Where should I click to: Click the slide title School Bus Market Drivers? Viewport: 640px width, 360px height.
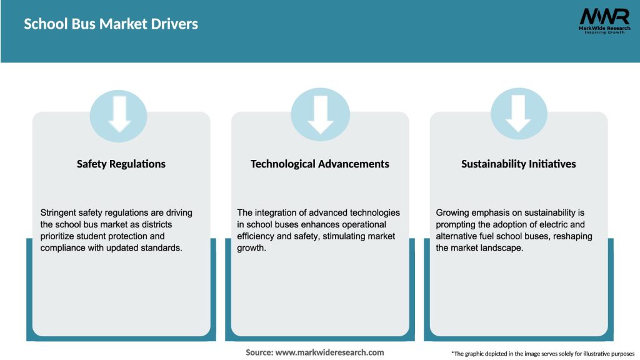pos(111,24)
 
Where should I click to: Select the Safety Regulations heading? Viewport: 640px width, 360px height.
pos(121,164)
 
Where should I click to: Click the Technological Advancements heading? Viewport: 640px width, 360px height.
pos(319,164)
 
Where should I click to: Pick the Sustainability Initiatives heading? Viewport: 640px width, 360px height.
pos(519,164)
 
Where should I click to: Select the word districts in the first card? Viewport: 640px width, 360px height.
pos(172,224)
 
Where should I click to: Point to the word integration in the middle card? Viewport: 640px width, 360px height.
pos(275,212)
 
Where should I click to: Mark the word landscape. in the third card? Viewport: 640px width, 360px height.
pos(498,248)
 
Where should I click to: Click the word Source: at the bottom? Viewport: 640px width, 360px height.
pos(259,352)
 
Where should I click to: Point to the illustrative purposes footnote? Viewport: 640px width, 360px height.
pos(542,354)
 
